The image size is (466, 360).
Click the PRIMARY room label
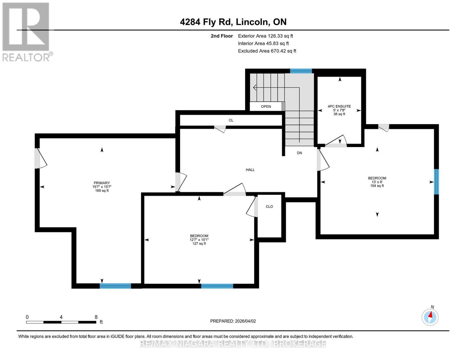(102, 183)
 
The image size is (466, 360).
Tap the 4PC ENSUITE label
(339, 106)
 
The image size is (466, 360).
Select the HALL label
(250, 170)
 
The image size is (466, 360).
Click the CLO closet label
(269, 207)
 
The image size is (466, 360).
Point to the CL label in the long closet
(231, 120)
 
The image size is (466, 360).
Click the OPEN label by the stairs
(266, 106)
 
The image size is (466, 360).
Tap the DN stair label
(299, 153)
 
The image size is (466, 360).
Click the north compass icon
(430, 317)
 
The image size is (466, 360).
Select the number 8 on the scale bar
(96, 317)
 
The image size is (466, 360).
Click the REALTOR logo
(26, 31)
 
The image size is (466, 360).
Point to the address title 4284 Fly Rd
(233, 22)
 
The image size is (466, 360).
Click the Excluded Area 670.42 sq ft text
(267, 51)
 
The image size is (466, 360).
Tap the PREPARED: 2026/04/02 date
(233, 321)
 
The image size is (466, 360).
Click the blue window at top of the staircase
(301, 71)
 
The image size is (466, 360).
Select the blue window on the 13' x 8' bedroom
(436, 181)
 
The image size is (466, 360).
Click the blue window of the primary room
(115, 286)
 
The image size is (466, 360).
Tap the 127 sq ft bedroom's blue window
(217, 286)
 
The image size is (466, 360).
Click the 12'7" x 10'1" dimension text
(199, 240)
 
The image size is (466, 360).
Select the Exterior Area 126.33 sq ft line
(265, 36)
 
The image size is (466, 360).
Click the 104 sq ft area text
(377, 186)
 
